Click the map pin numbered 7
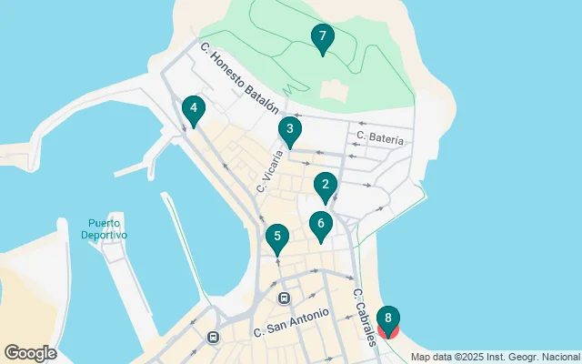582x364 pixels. click(321, 39)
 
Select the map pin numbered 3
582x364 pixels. click(289, 131)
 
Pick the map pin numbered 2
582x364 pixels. click(326, 187)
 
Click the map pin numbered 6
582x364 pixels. click(320, 225)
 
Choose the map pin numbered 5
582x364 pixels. click(277, 238)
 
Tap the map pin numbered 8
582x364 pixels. click(388, 319)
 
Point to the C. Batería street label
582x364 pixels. click(380, 137)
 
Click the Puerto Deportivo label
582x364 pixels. click(104, 228)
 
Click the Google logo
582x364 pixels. click(30, 353)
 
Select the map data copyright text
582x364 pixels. click(495, 356)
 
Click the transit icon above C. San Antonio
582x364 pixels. click(284, 298)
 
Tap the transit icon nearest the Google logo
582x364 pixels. click(213, 337)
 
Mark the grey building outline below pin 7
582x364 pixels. click(333, 89)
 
